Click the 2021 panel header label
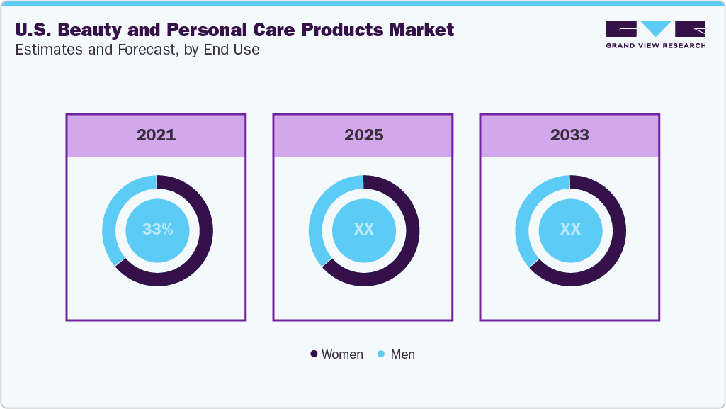click(x=156, y=135)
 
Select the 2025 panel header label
click(x=363, y=135)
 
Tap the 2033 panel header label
click(x=569, y=135)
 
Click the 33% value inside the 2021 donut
click(x=157, y=230)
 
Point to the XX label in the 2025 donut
click(x=363, y=230)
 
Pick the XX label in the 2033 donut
click(x=570, y=230)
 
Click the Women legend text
click(x=342, y=354)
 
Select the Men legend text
click(x=402, y=354)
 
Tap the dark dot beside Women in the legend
click(x=314, y=354)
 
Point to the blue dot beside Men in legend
click(x=382, y=354)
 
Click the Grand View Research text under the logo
click(x=655, y=45)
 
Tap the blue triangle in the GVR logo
click(x=656, y=28)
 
